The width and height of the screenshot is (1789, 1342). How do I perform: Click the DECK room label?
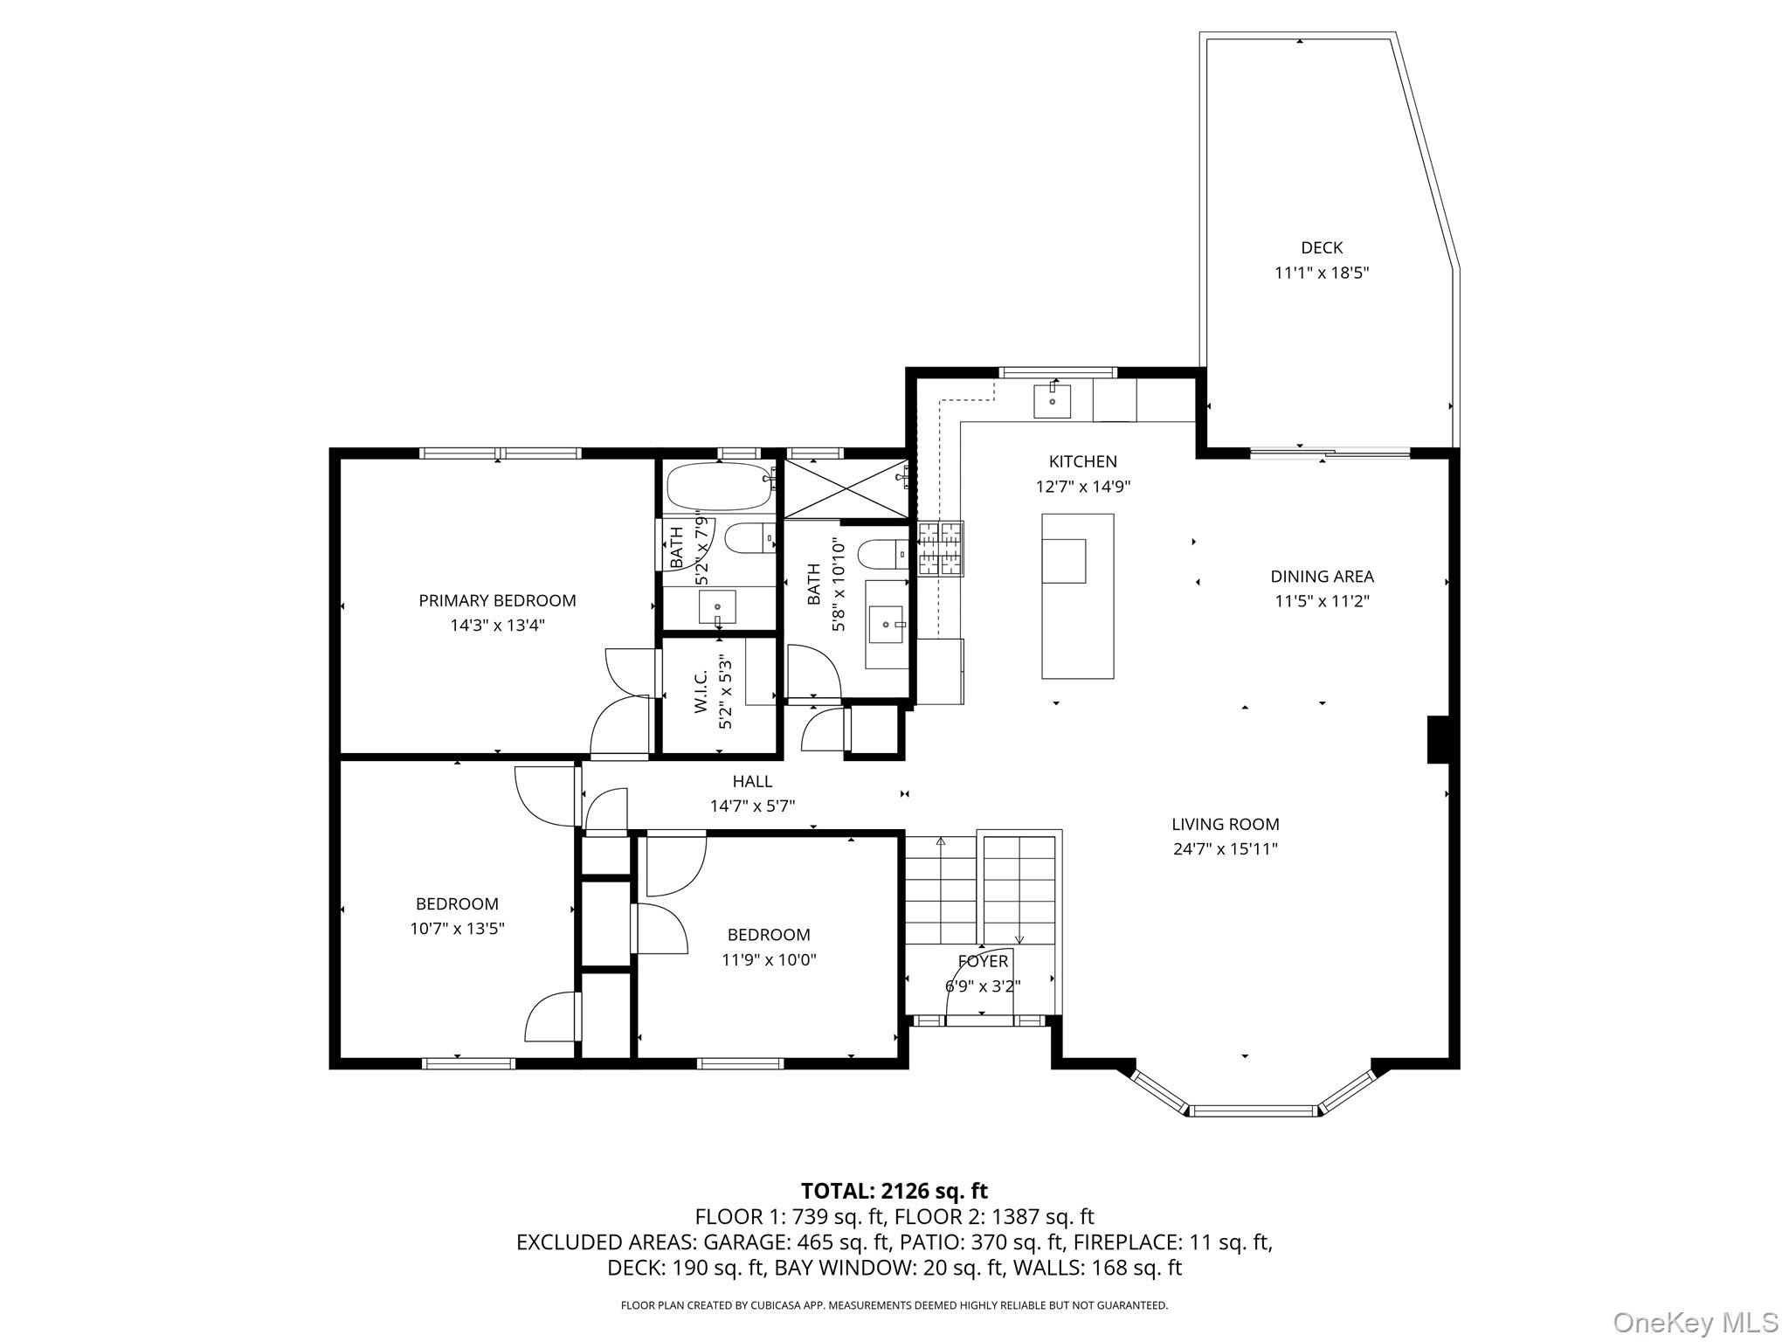[x=1321, y=248]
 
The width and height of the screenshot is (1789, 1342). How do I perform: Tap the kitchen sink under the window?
[x=1053, y=402]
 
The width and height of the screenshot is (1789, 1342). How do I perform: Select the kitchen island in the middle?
[x=1077, y=596]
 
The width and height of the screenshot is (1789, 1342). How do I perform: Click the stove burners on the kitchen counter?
[x=939, y=549]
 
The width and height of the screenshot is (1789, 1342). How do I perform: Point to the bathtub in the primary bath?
[x=718, y=487]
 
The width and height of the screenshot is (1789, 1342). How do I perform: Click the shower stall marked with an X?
[x=845, y=488]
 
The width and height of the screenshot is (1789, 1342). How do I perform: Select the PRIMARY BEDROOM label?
[x=497, y=601]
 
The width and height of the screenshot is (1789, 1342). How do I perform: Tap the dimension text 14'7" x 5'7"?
[x=752, y=806]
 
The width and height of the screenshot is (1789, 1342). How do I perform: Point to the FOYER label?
[x=983, y=962]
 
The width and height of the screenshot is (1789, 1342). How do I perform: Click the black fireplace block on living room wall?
[x=1438, y=739]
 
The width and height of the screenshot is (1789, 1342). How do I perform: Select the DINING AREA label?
[x=1322, y=577]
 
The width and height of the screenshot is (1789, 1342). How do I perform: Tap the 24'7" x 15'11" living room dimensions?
[x=1225, y=849]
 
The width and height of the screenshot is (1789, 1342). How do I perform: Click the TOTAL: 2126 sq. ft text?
[x=894, y=1191]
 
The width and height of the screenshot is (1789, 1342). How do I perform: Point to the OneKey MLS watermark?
[x=1695, y=1322]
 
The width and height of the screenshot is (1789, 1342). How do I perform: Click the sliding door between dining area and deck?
[x=1330, y=453]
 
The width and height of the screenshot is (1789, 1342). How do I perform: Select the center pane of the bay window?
[x=1254, y=1111]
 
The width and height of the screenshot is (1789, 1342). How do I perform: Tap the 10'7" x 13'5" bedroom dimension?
[x=457, y=929]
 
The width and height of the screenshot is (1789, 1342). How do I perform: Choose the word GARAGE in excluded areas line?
[x=743, y=1242]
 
